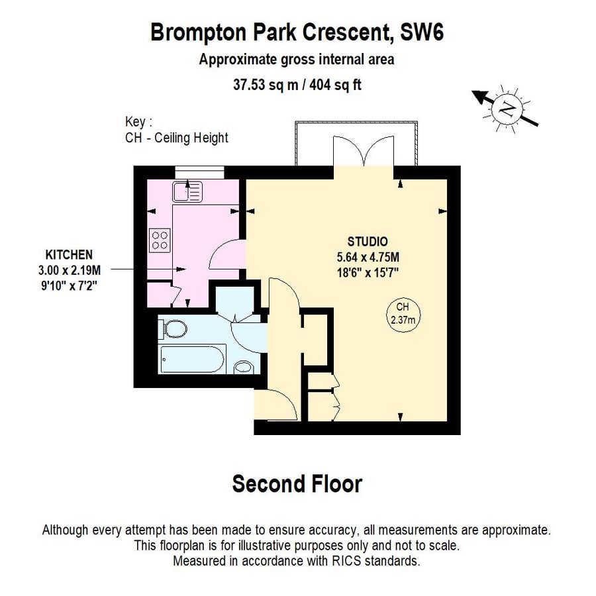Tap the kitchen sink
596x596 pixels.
(187, 191)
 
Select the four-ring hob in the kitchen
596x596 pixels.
(160, 239)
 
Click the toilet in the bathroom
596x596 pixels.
(174, 329)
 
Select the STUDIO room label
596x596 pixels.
(368, 242)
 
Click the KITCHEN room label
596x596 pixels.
(68, 254)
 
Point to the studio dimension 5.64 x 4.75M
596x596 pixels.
(368, 256)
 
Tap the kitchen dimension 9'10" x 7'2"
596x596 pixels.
(68, 283)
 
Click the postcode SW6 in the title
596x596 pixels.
(422, 31)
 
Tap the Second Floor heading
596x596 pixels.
(297, 484)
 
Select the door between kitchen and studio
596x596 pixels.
(228, 254)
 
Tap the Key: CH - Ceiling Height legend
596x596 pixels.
(176, 130)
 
